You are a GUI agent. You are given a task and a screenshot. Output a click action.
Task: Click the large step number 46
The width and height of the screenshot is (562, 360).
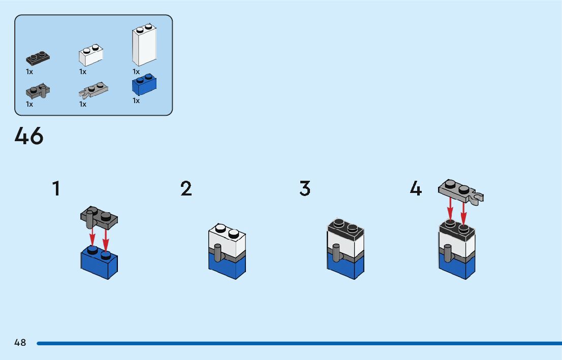pos(29,136)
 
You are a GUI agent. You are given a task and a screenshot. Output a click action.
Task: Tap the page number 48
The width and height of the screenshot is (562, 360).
pos(20,343)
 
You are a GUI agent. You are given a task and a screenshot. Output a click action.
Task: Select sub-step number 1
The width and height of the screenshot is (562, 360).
pos(56,189)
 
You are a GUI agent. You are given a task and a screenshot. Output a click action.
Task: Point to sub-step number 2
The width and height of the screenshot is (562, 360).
pos(186,189)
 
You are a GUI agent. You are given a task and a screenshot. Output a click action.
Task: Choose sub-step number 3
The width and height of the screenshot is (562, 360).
pos(305,189)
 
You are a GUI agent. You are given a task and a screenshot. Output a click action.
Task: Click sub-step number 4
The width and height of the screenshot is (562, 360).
pos(416,189)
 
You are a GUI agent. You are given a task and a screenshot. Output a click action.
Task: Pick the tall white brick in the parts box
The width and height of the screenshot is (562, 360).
pos(144,46)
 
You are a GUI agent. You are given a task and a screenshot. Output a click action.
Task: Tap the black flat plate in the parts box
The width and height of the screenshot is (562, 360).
pos(38,58)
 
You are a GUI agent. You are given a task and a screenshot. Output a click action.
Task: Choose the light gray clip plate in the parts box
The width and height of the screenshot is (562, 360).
pos(93,91)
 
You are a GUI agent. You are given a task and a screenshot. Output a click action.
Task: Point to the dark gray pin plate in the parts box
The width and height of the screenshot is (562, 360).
pos(38,91)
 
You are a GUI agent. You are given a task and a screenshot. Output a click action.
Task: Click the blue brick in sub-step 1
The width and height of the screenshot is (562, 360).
pos(100,263)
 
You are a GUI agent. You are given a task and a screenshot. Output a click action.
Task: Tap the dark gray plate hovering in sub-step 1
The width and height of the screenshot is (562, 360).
pos(100,218)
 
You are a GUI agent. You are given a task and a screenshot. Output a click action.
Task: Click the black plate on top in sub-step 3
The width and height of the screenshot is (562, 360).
pos(346,228)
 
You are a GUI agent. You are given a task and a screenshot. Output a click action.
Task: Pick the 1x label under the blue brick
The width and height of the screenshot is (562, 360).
pos(136,101)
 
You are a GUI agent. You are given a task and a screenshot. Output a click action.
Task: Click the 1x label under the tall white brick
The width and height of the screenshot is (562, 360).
pos(136,72)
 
